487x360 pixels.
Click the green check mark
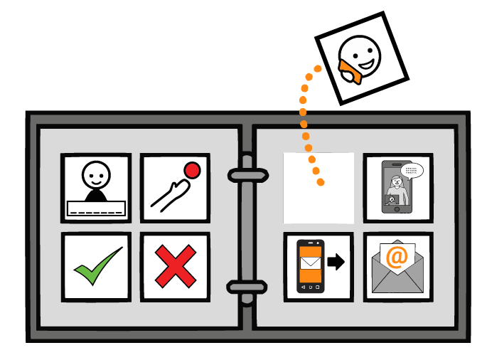[97, 267]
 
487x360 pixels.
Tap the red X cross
[175, 267]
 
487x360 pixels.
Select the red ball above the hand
[192, 171]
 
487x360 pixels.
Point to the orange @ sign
[397, 257]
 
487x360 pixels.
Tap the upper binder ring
[247, 174]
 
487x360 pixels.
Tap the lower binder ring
[247, 287]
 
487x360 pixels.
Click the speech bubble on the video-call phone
[412, 171]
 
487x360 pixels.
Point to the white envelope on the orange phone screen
[311, 264]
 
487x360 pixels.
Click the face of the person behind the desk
[96, 174]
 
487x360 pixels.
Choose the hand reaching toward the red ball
[168, 196]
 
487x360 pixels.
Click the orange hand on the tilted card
[349, 71]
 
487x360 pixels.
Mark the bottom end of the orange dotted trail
[321, 183]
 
